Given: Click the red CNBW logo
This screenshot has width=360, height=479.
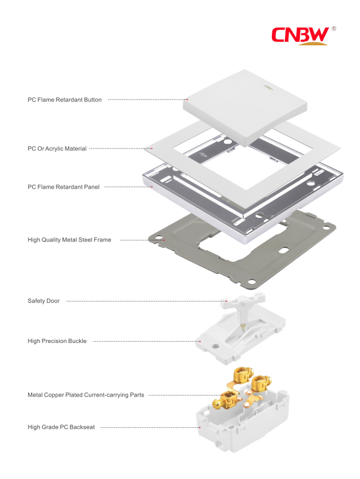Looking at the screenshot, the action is pos(300,35).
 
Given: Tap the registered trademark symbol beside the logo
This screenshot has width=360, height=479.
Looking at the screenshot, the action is pos(333,29).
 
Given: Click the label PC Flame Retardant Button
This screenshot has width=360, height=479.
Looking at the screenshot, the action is pos(64,100).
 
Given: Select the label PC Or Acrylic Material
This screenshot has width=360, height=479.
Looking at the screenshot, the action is pos(57,149).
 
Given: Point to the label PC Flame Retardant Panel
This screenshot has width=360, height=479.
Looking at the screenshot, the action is pos(64,187).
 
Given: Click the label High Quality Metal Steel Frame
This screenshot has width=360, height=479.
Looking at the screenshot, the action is pos(69,240).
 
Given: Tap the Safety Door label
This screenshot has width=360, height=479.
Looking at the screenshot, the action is pos(44,301).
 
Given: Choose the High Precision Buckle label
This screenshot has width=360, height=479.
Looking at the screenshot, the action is pos(57,341).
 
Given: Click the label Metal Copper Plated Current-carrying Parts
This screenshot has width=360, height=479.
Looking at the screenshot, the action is pos(86,395).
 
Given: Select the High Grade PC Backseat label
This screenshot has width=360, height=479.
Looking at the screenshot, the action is pos(61,427).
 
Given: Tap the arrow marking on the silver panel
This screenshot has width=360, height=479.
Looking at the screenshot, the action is pos(203,154).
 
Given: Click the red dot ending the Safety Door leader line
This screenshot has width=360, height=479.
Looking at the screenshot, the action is pos(226,301).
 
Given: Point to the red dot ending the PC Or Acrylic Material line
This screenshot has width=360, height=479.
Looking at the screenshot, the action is pos(152,149).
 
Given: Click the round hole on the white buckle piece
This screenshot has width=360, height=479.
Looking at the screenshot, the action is pos(216,347).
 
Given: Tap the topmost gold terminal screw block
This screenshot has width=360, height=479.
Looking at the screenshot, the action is pos(243,375).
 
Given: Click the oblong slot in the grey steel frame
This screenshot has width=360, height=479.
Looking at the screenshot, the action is pos(284,250).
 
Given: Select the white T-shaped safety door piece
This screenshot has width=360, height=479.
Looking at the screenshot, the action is pos(243,311).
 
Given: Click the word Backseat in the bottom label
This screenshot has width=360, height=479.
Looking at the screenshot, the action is pos(82,427).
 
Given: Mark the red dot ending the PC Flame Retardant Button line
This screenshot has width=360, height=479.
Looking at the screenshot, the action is pos(187,100).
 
